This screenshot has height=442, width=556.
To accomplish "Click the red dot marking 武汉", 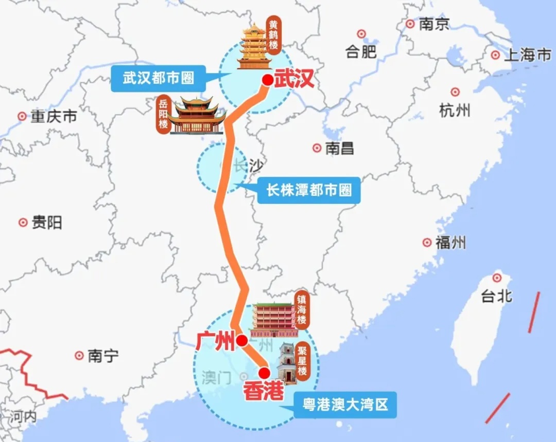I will tap(268, 80).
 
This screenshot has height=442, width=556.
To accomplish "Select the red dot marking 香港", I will tap(264, 373).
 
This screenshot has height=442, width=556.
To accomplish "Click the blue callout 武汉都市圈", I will tap(159, 79).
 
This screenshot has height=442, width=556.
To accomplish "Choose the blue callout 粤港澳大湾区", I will tap(345, 406).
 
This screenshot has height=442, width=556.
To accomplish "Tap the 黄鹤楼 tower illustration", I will tap(254, 46).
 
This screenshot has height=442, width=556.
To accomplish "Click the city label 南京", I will tap(434, 24).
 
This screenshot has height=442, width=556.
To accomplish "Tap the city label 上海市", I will tap(527, 55).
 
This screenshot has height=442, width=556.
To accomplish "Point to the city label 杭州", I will tap(455, 109).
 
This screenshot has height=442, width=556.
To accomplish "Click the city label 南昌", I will tap(340, 149).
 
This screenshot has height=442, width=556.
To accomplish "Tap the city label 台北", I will tap(497, 296).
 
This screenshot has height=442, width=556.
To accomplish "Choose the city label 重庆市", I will tap(54, 117).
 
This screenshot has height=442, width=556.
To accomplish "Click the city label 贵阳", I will tap(47, 223).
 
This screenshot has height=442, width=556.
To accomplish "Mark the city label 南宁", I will tap(103, 356).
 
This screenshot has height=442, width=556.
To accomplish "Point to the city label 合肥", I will tap(361, 51).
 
